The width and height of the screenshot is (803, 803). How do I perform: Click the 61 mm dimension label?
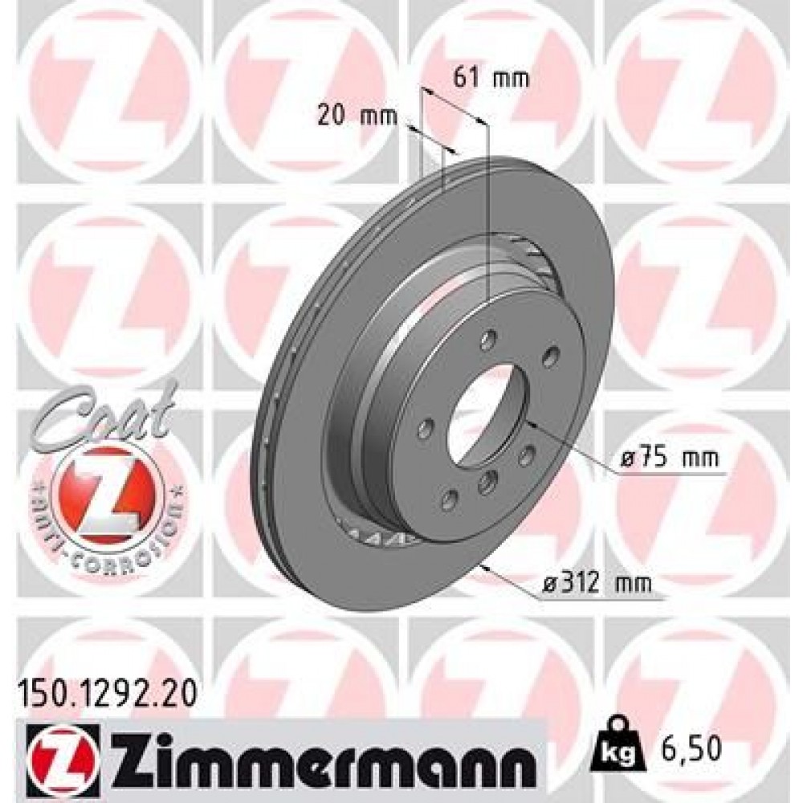pyautogui.click(x=490, y=78)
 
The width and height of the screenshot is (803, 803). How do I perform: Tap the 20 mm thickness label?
pyautogui.click(x=357, y=116)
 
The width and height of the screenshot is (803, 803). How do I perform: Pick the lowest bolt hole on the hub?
pyautogui.click(x=449, y=501)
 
